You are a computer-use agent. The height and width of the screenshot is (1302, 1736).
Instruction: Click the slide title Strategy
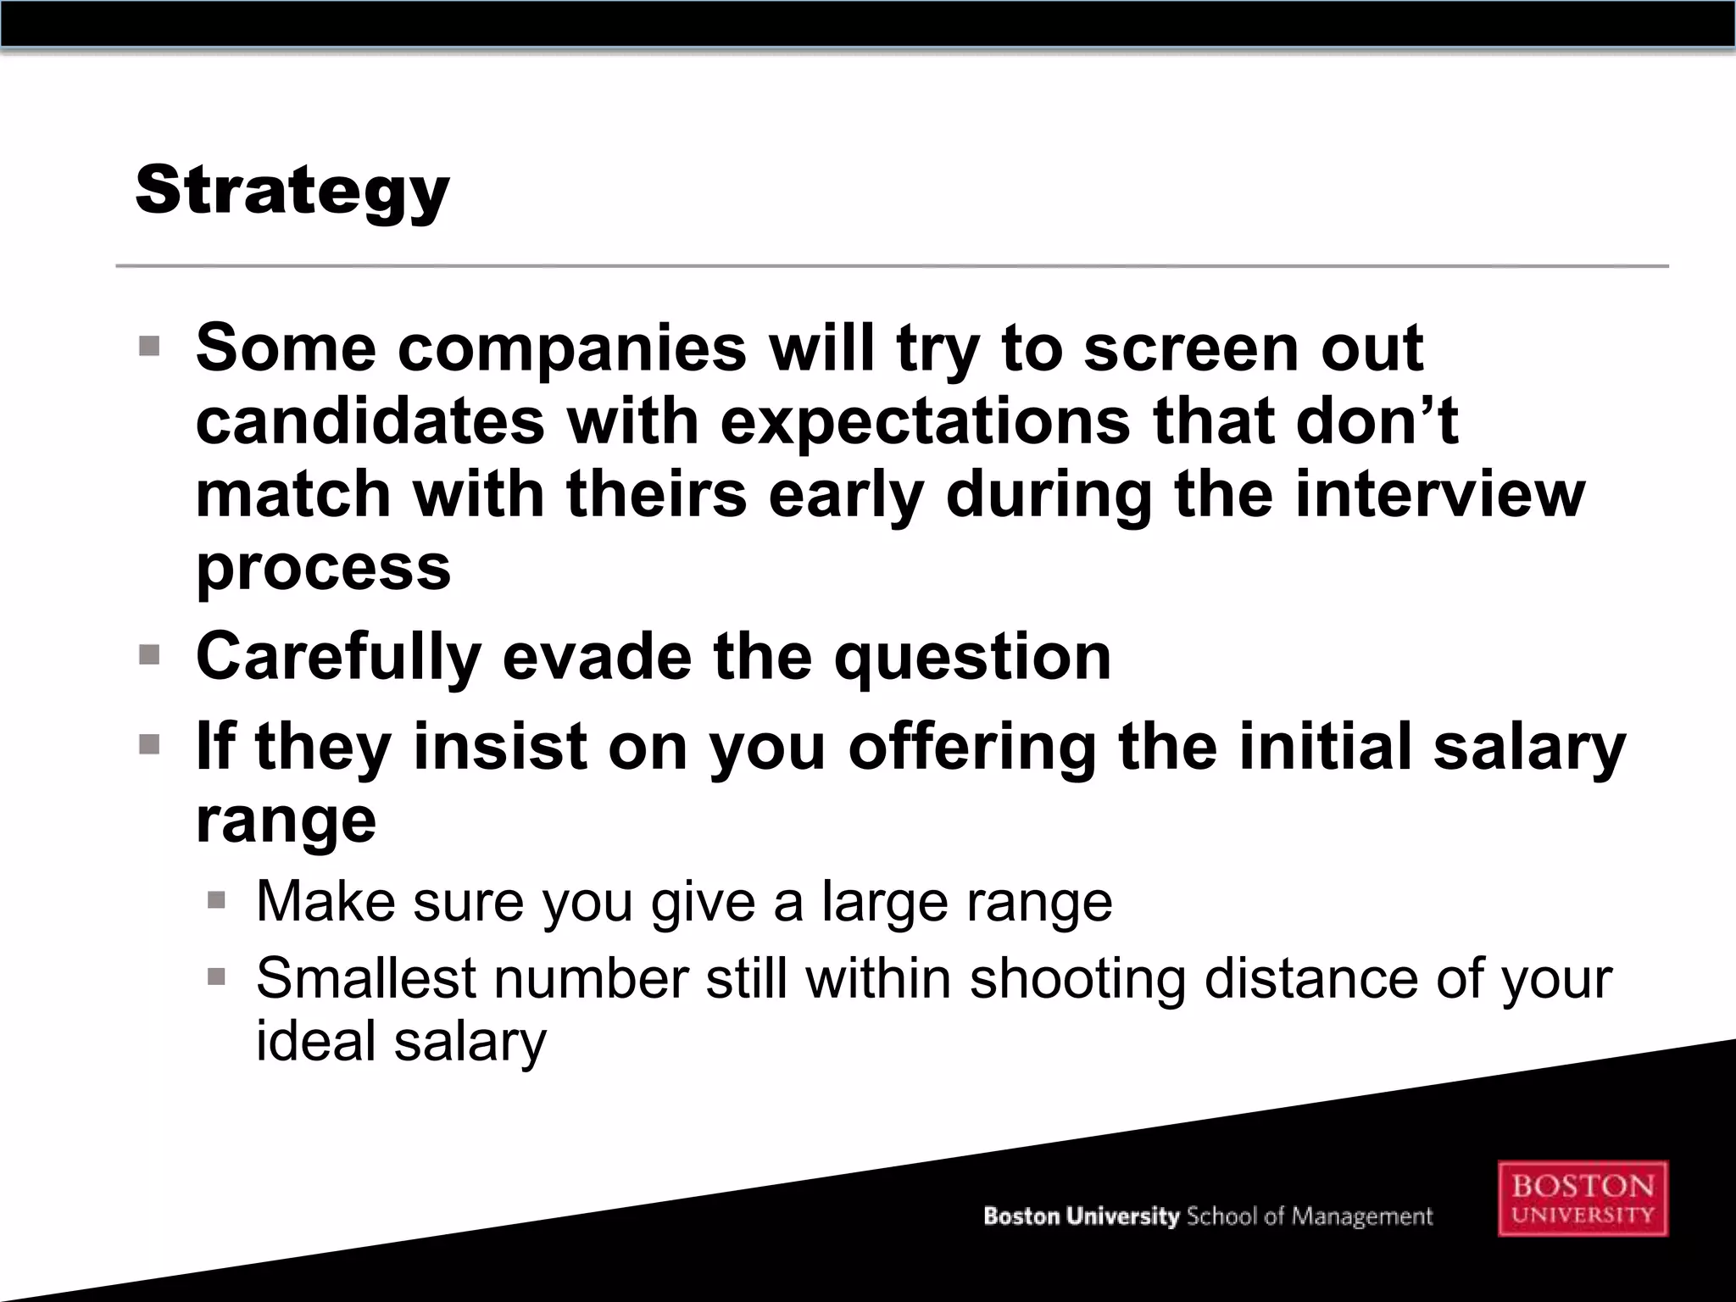click(292, 192)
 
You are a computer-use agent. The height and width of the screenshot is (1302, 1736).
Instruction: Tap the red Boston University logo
click(1582, 1199)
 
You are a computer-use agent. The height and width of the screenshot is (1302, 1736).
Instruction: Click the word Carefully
click(338, 657)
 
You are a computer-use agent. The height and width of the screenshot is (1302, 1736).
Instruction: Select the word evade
click(597, 657)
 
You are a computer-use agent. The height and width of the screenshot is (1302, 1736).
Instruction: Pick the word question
click(971, 657)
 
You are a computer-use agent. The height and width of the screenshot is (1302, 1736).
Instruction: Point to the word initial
click(1323, 747)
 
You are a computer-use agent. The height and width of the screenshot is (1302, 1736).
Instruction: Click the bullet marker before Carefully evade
click(149, 655)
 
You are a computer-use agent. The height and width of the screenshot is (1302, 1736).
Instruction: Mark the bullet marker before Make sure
click(216, 900)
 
